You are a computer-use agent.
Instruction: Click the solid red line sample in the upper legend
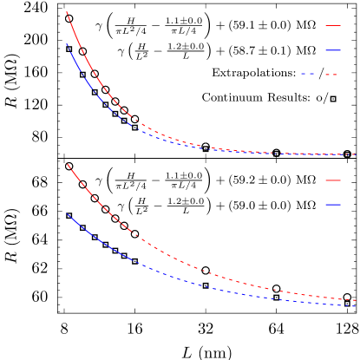(x=333, y=26)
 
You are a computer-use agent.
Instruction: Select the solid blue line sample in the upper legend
(x=333, y=50)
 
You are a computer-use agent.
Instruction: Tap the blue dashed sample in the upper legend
(x=308, y=74)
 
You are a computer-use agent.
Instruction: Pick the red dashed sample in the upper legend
(x=331, y=75)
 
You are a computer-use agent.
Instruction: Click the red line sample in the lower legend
(x=333, y=180)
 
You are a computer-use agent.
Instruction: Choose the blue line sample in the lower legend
(x=333, y=205)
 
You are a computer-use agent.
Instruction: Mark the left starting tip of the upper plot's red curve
(x=67, y=12)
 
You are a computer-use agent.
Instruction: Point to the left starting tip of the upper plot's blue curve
(x=67, y=44)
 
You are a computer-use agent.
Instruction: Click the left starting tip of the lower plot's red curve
(x=67, y=164)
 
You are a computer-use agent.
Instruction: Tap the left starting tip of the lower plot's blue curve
(x=67, y=214)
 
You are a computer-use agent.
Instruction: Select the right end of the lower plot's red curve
(x=356, y=300)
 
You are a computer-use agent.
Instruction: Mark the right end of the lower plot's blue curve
(x=356, y=305)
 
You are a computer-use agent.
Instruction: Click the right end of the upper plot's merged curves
(x=356, y=154)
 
